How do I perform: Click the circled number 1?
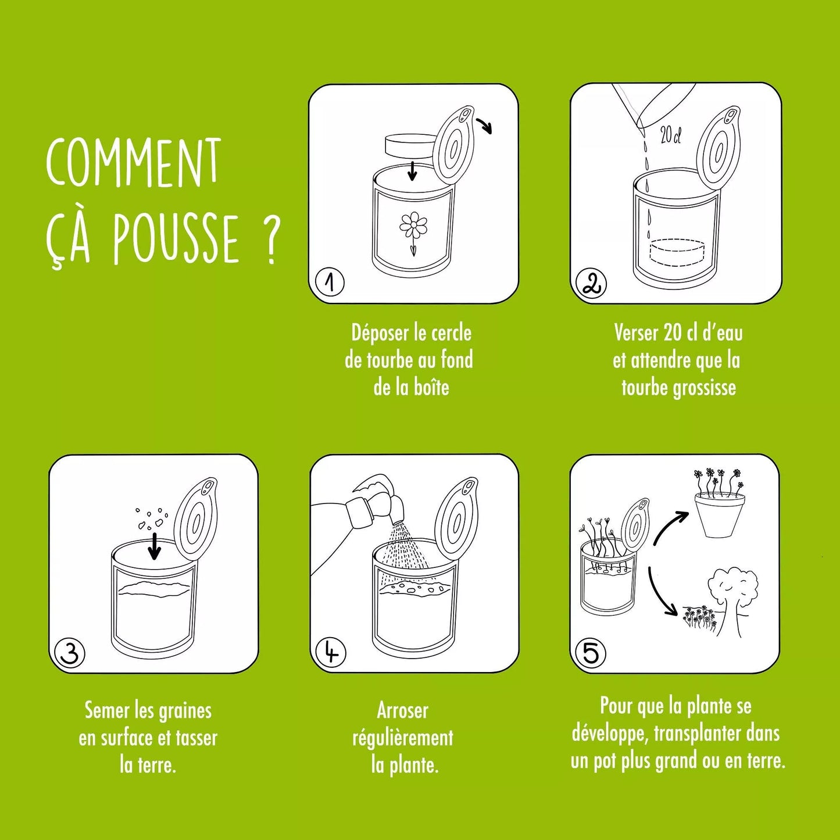pyautogui.click(x=330, y=283)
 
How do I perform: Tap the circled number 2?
pyautogui.click(x=591, y=284)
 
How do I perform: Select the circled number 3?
pyautogui.click(x=69, y=653)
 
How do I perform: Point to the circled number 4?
pyautogui.click(x=331, y=653)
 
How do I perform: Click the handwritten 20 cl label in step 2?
pyautogui.click(x=670, y=136)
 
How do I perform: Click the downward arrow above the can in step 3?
pyautogui.click(x=154, y=545)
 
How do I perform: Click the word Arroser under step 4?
pyautogui.click(x=402, y=710)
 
